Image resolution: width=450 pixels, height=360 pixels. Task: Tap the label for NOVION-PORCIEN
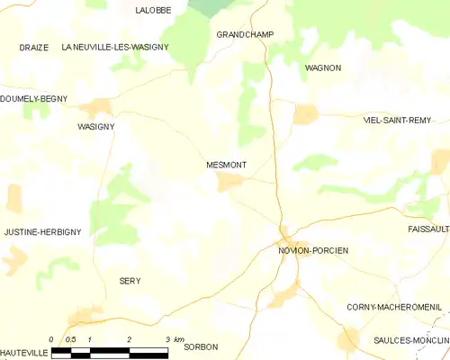313,250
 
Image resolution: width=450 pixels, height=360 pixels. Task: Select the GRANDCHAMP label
245,34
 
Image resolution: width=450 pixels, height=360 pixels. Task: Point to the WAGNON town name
323,67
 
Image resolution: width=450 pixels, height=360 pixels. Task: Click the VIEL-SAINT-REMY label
397,120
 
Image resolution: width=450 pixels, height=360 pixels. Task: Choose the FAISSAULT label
427,229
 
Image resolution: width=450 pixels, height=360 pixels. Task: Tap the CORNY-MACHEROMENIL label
394,307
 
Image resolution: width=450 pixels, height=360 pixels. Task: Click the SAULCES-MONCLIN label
411,339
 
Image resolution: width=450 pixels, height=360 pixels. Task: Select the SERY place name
130,281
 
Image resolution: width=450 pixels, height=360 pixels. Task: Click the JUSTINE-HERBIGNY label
42,232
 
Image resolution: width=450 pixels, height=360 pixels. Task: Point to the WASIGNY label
95,128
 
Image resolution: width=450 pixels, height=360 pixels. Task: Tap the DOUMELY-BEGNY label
33,99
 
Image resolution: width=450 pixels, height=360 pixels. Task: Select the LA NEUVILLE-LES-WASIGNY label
115,46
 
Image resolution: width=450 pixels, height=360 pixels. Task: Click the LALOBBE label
154,10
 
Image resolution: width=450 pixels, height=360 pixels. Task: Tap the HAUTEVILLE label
22,350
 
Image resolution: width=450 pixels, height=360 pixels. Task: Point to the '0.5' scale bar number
71,339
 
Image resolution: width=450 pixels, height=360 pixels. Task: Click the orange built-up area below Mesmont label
230,183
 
